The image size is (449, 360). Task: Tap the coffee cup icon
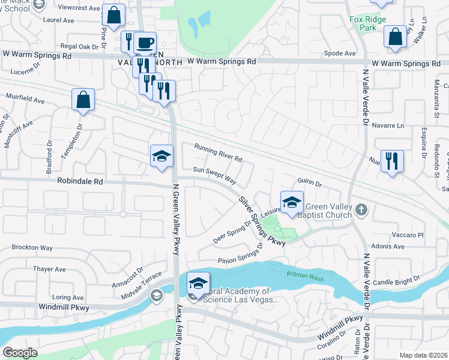pyautogui.click(x=144, y=43)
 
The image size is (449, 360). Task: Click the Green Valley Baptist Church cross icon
pyautogui.click(x=360, y=209)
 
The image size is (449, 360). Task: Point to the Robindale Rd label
pyautogui.click(x=80, y=181)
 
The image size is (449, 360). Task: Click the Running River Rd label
pyautogui.click(x=218, y=153)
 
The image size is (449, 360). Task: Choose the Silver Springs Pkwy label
pyautogui.click(x=261, y=221)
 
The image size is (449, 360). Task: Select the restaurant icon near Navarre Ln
pyautogui.click(x=391, y=161)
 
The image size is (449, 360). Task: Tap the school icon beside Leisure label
pyautogui.click(x=291, y=202)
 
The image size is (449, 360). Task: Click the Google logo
pyautogui.click(x=20, y=353)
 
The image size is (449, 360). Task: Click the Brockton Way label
pyautogui.click(x=32, y=247)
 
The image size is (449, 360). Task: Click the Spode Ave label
pyautogui.click(x=340, y=53)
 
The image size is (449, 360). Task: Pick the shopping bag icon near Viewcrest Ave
pyautogui.click(x=113, y=15)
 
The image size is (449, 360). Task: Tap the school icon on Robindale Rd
pyautogui.click(x=161, y=157)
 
